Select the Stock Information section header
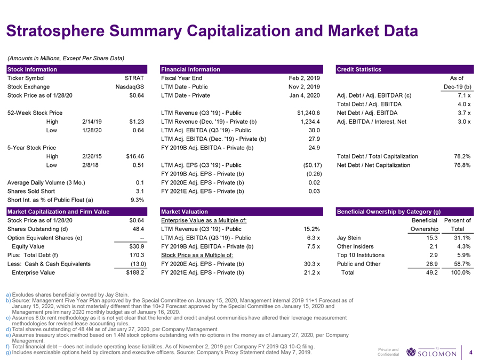(31, 69)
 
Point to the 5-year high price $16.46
(135, 156)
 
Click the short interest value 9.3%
(138, 200)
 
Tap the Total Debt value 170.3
(137, 255)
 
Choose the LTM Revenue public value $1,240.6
(308, 113)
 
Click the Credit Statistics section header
(359, 69)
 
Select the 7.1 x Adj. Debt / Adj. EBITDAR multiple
(462, 95)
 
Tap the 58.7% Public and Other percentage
(460, 263)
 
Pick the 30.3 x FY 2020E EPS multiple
(310, 263)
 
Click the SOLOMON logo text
(437, 354)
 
